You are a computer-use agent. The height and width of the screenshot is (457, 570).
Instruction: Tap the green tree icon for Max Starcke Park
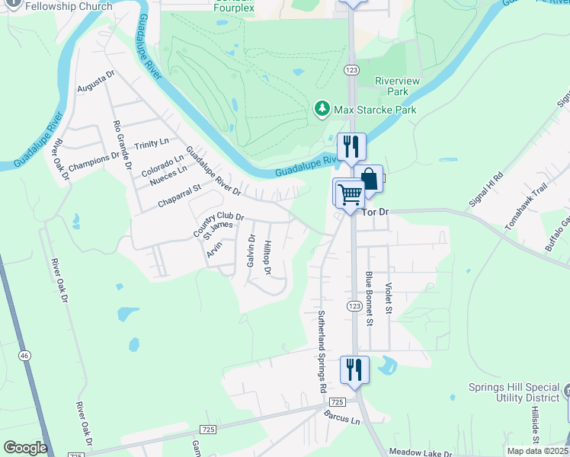click(x=322, y=110)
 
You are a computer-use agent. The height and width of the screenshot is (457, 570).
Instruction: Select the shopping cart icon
click(x=350, y=193)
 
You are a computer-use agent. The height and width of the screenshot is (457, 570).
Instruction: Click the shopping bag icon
click(x=369, y=180)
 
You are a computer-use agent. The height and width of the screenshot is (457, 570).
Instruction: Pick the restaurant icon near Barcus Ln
click(x=354, y=370)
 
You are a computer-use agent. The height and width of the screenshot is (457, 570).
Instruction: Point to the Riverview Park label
click(x=392, y=86)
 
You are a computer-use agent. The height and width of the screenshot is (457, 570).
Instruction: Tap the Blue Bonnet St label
click(x=369, y=299)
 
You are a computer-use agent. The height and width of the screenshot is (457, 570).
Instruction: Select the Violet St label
click(x=388, y=299)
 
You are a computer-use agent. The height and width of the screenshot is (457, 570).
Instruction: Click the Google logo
click(x=25, y=448)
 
